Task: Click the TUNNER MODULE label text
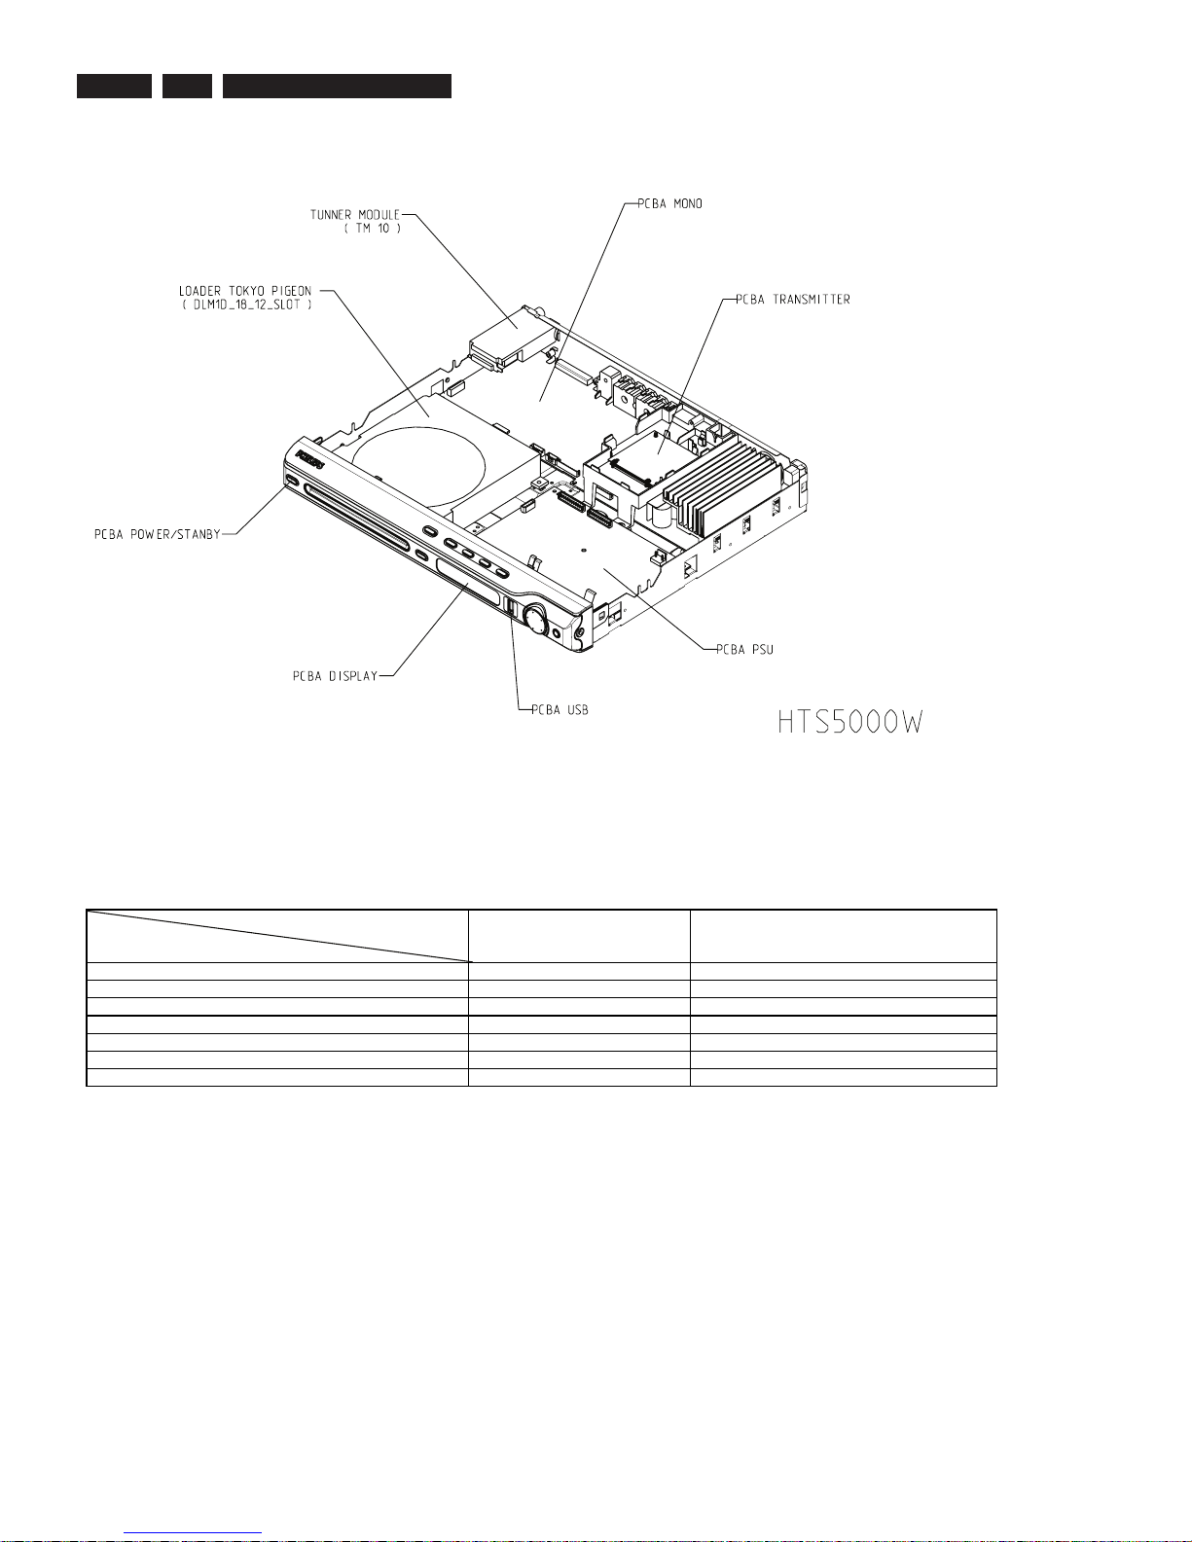coord(354,215)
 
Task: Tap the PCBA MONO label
coord(669,204)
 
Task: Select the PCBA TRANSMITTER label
coord(792,300)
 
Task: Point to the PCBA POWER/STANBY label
coord(158,534)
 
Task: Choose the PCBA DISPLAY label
coord(335,676)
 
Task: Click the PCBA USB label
coord(560,710)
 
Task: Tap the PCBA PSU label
coord(744,650)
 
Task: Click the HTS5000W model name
coord(849,724)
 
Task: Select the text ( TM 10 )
coord(372,229)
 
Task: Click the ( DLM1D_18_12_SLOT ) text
coord(245,305)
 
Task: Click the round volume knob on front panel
coord(535,618)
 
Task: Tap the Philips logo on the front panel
coord(308,457)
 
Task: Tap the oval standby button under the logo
coord(292,480)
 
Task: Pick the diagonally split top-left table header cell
coord(277,936)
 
